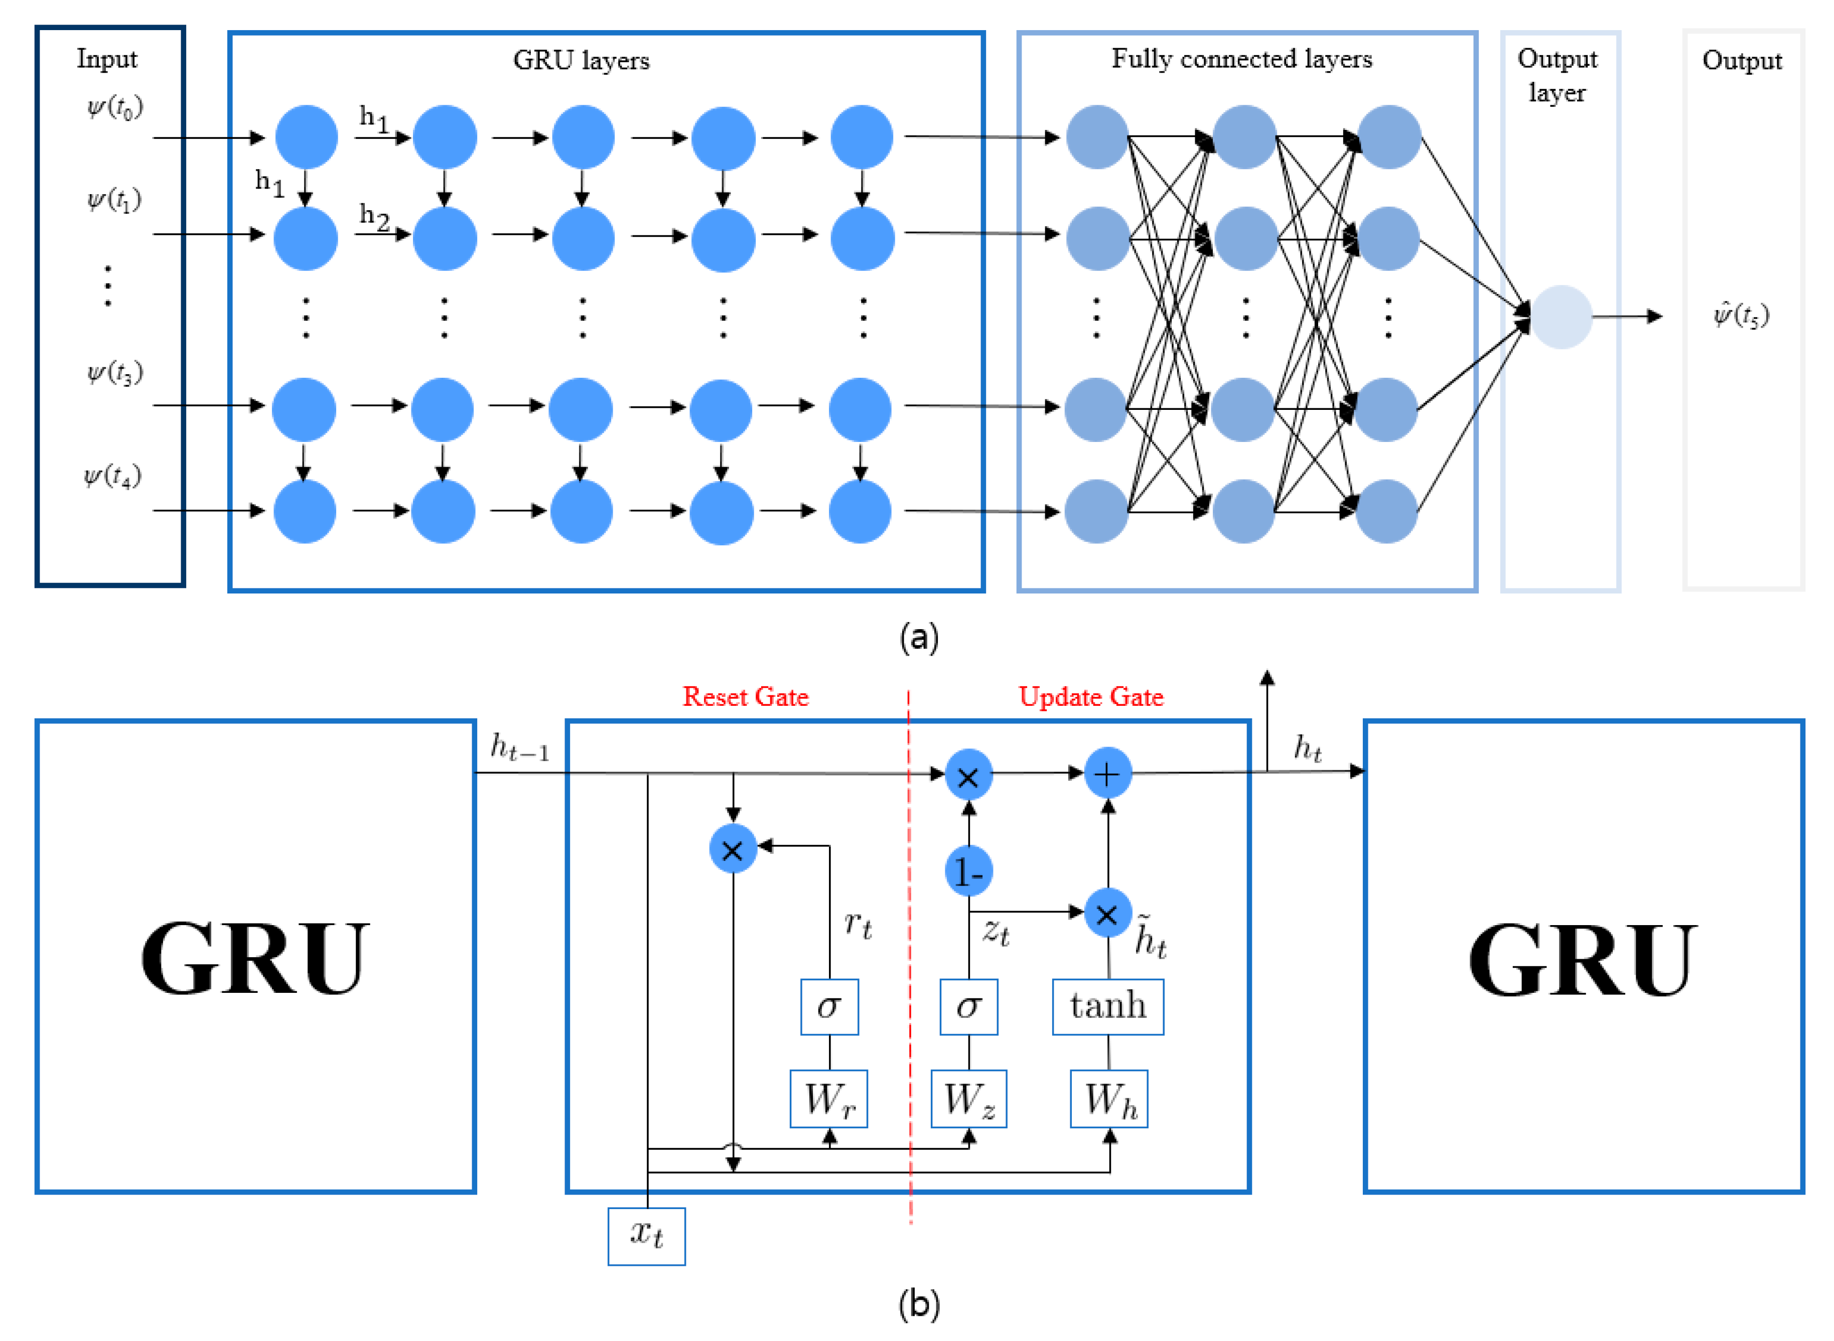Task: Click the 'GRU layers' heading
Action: pyautogui.click(x=581, y=61)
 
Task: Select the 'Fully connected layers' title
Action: pyautogui.click(x=1241, y=59)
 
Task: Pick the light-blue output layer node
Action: pyautogui.click(x=1561, y=317)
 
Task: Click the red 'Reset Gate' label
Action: pyautogui.click(x=745, y=696)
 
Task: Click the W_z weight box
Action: pyautogui.click(x=968, y=1098)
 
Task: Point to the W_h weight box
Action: pyautogui.click(x=1108, y=1098)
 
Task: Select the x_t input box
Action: pyautogui.click(x=646, y=1236)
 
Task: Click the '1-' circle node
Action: pyautogui.click(x=968, y=872)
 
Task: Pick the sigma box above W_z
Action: pyautogui.click(x=968, y=1006)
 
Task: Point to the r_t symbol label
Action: pyautogui.click(x=858, y=925)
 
